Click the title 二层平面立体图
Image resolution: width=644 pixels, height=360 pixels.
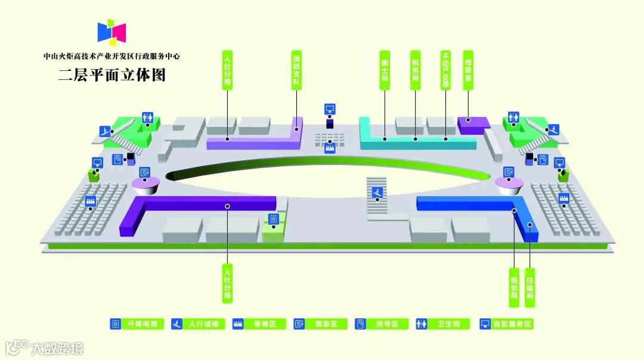(x=112, y=76)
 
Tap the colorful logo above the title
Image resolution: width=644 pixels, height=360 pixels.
(x=112, y=33)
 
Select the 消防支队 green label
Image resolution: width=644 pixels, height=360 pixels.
(x=296, y=69)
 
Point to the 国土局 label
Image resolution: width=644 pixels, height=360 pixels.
(x=385, y=69)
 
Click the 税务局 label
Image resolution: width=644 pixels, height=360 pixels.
(x=416, y=69)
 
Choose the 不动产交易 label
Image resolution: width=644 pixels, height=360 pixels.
(x=445, y=69)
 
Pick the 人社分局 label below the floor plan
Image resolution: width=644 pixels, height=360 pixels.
(x=227, y=283)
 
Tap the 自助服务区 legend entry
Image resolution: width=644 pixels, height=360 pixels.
(x=507, y=324)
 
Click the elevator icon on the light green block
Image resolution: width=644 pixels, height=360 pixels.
(x=273, y=219)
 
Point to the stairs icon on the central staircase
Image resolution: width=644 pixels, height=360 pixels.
(x=376, y=192)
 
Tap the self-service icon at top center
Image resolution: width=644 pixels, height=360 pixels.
(x=330, y=109)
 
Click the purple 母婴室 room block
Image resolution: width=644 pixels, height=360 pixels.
(x=473, y=123)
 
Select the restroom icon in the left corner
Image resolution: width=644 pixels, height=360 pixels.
(x=148, y=118)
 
